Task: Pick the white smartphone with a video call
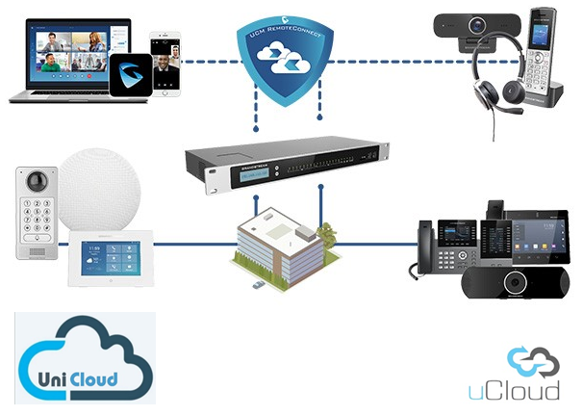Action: pyautogui.click(x=166, y=63)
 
